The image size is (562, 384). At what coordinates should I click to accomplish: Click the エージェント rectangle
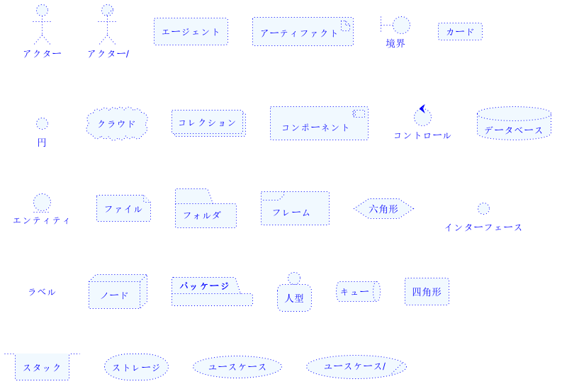click(191, 31)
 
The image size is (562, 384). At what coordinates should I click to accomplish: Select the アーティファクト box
click(302, 32)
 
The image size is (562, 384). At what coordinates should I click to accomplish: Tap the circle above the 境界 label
click(401, 26)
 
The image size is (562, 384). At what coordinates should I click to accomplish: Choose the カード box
click(460, 31)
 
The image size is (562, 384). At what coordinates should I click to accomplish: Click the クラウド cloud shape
click(117, 123)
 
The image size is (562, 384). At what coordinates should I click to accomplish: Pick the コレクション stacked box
click(208, 123)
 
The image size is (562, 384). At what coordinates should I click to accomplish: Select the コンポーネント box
click(318, 123)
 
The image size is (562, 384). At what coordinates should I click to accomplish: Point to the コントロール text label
click(422, 135)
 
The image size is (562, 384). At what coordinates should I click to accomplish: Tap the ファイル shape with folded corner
click(123, 208)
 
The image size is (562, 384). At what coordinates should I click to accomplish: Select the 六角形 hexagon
click(383, 209)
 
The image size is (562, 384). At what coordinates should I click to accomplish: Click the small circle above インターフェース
click(483, 208)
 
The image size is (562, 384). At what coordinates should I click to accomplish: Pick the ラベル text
click(42, 292)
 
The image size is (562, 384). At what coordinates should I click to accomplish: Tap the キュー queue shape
click(357, 291)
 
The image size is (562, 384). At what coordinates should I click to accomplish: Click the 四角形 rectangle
click(427, 291)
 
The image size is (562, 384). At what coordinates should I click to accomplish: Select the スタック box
click(42, 367)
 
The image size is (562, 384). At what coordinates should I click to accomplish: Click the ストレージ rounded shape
click(136, 367)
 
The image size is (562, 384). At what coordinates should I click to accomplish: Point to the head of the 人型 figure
click(294, 278)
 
